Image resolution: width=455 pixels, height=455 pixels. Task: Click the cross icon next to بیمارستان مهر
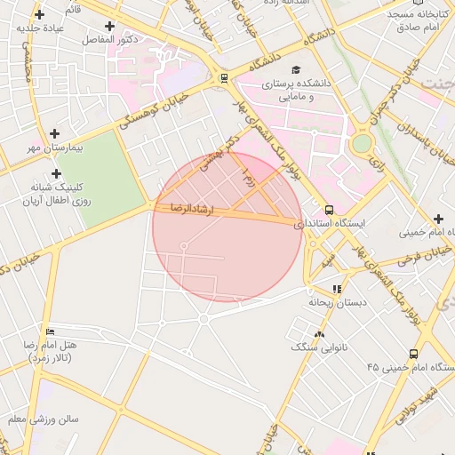[x=55, y=133]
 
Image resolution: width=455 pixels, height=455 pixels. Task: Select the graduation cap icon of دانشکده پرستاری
[x=295, y=69]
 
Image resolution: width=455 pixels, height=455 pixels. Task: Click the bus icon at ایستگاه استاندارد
[x=330, y=211]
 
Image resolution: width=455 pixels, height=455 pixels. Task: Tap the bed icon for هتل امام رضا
[x=50, y=331]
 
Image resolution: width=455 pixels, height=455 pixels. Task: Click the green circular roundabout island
[x=361, y=143]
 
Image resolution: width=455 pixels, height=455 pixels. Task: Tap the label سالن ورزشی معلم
[x=43, y=419]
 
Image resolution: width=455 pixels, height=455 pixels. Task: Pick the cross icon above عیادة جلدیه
[x=39, y=14]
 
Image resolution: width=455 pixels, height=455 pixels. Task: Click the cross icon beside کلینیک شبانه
[x=57, y=173]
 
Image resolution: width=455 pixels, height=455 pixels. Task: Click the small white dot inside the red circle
[x=184, y=245]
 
